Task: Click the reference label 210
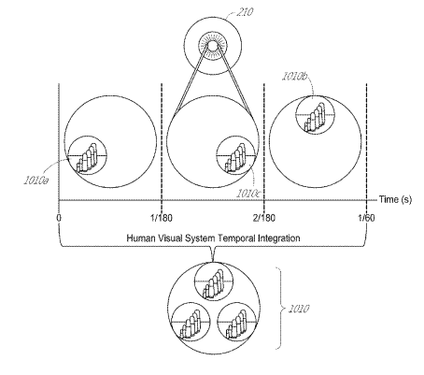245,12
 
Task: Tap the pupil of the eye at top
213,46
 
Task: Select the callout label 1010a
36,180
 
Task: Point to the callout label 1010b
295,77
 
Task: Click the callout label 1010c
247,194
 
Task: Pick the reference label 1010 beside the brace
299,309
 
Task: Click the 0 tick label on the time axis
59,218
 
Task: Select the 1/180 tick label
162,218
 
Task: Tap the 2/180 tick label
264,218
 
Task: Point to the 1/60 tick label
366,218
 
